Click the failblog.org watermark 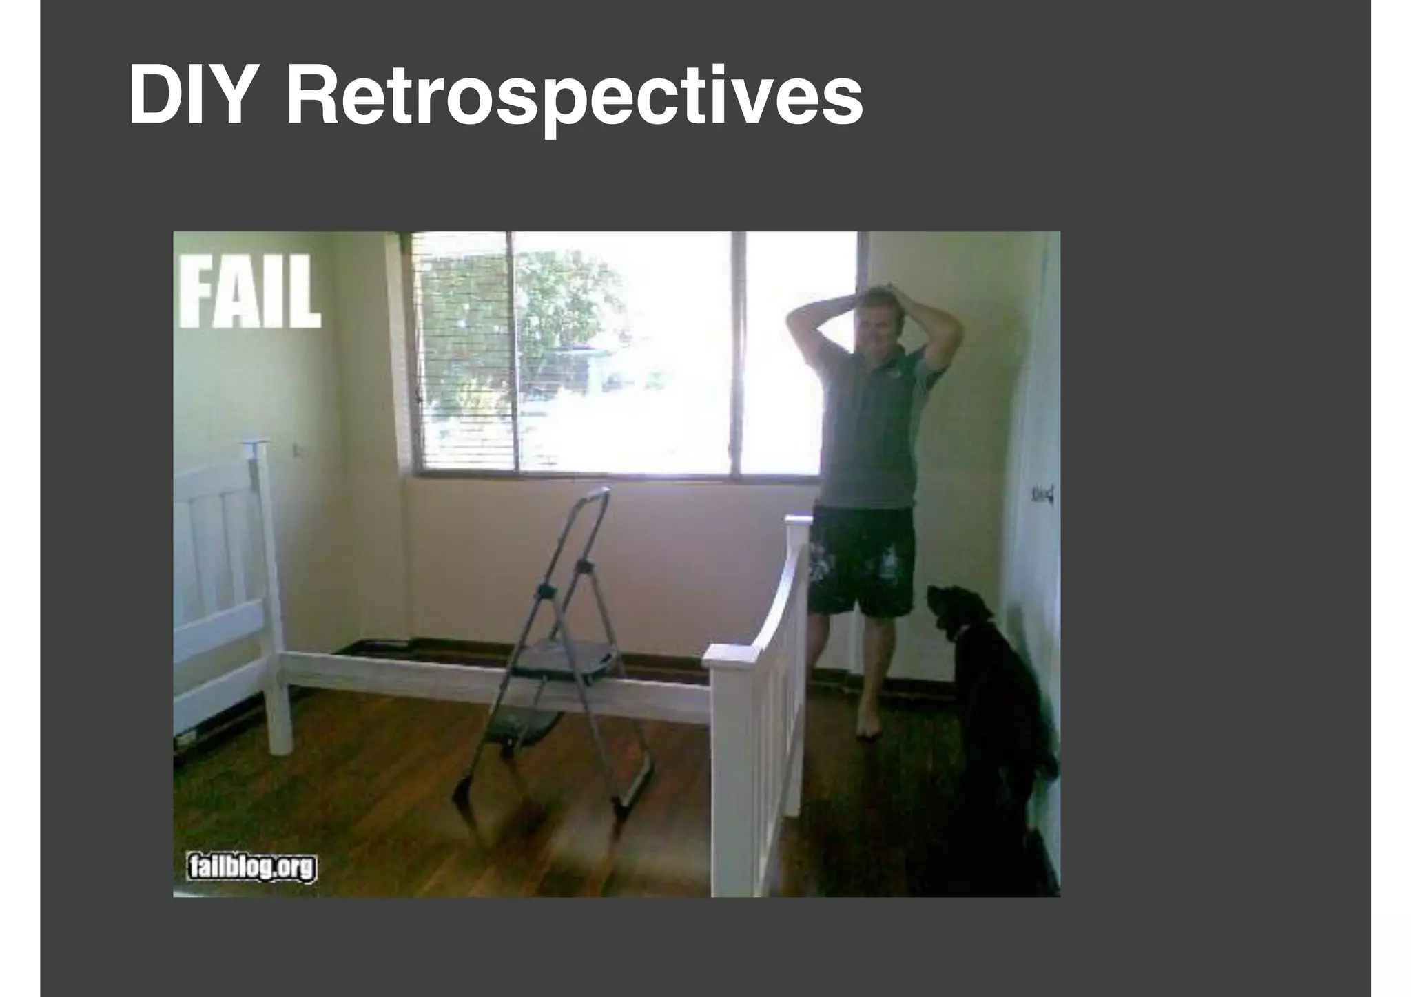(x=251, y=868)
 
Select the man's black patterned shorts (x=861, y=561)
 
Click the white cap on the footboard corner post (x=731, y=653)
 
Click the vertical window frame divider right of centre (x=738, y=351)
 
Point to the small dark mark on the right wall (x=1042, y=493)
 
